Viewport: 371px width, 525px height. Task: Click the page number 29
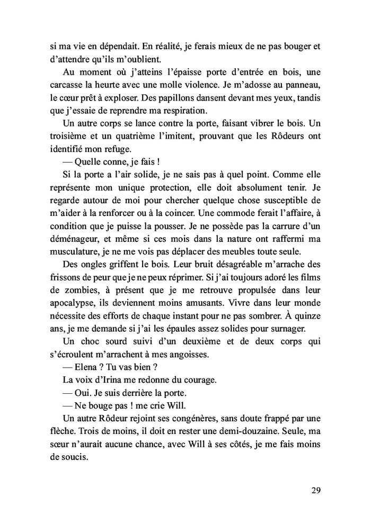(316, 490)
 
